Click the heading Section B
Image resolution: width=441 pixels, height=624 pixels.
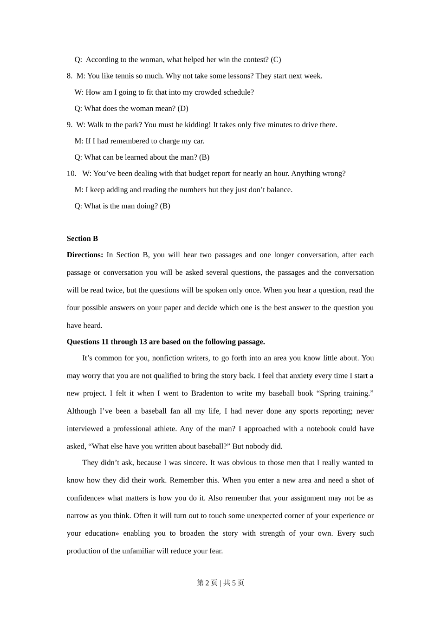82,239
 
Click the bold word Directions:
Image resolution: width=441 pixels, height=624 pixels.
85,255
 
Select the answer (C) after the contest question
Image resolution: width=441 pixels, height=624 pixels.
276,59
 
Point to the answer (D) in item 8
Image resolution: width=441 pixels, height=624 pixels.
183,108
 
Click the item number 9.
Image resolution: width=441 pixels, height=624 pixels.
69,124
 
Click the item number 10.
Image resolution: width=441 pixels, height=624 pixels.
71,173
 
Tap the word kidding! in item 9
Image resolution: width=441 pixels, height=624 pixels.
197,124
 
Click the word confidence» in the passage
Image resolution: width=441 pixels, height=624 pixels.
86,498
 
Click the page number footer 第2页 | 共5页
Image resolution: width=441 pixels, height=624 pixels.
220,583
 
